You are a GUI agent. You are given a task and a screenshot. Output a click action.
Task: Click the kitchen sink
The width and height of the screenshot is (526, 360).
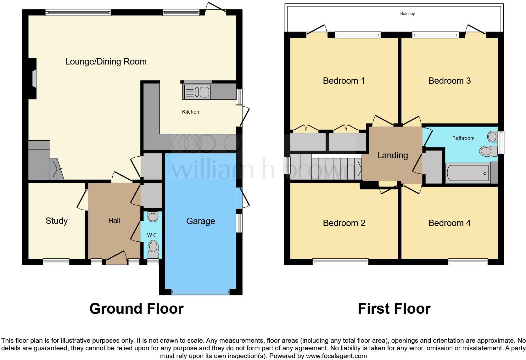pyautogui.click(x=197, y=92)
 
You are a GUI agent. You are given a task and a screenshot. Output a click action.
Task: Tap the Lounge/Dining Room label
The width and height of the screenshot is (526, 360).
pyautogui.click(x=106, y=62)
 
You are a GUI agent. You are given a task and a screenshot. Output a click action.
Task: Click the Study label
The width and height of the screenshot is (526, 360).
pyautogui.click(x=57, y=221)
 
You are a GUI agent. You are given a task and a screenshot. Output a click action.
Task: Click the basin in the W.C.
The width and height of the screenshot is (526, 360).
pyautogui.click(x=153, y=217)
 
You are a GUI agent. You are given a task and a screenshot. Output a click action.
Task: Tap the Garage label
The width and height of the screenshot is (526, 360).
pyautogui.click(x=200, y=221)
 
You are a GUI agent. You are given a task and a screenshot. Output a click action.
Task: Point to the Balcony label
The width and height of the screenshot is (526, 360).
pyautogui.click(x=407, y=14)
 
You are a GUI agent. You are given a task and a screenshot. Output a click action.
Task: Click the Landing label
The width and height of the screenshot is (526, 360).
pyautogui.click(x=392, y=155)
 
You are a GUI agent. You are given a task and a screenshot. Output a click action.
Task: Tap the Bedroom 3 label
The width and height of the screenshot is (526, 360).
pyautogui.click(x=449, y=81)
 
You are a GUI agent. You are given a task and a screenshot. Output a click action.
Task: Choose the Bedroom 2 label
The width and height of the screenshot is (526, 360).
pyautogui.click(x=344, y=223)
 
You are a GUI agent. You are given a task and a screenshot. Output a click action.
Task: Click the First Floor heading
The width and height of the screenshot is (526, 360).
pyautogui.click(x=394, y=309)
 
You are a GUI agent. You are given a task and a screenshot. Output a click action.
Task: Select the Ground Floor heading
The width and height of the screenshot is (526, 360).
pyautogui.click(x=137, y=309)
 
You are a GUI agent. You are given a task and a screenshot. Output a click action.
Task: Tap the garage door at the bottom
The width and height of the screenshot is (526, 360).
pyautogui.click(x=200, y=293)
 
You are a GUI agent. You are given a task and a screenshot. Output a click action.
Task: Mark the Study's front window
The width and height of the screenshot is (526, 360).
pyautogui.click(x=56, y=262)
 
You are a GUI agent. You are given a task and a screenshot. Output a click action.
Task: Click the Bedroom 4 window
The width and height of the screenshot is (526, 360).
pyautogui.click(x=468, y=262)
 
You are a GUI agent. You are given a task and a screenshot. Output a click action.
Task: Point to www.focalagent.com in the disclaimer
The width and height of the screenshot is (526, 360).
pyautogui.click(x=336, y=356)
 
